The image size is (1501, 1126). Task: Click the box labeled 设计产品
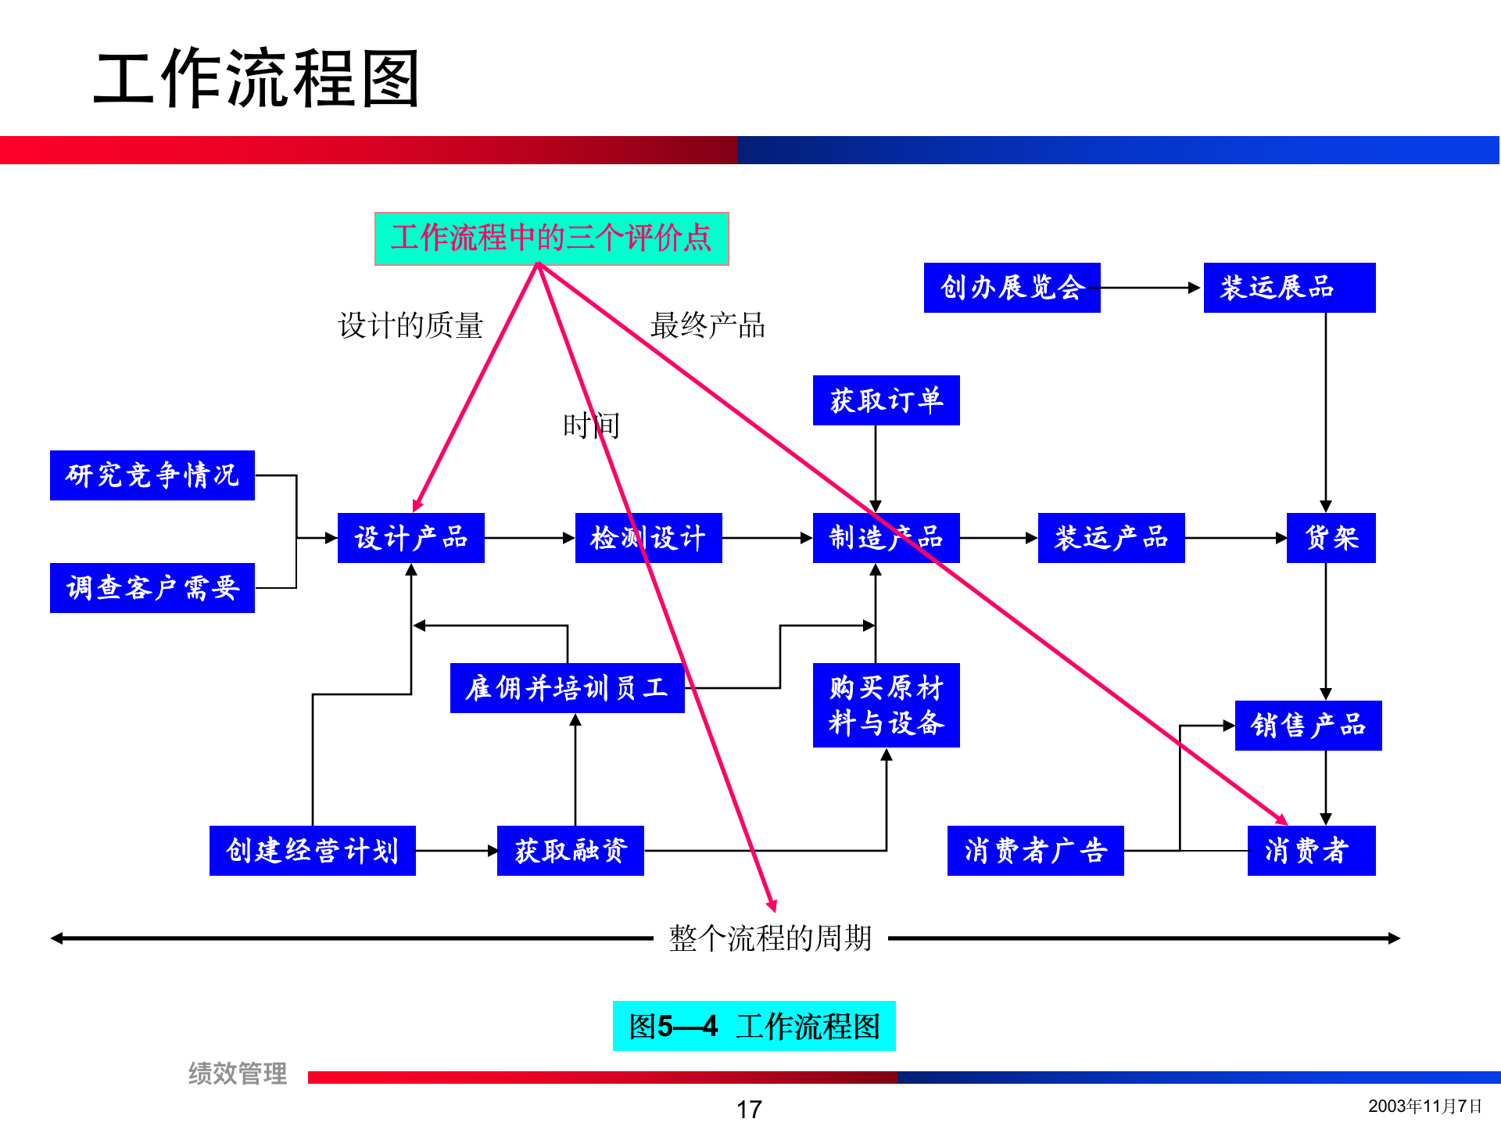pyautogui.click(x=410, y=538)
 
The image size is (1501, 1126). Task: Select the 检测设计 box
pyautogui.click(x=648, y=538)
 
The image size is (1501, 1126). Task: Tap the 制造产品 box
pyautogui.click(x=886, y=538)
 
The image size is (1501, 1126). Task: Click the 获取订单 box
pyautogui.click(x=886, y=400)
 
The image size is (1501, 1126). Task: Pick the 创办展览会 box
pyautogui.click(x=1012, y=288)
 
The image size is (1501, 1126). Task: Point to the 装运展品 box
pyautogui.click(x=1289, y=288)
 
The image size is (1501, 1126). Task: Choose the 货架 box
pyautogui.click(x=1331, y=538)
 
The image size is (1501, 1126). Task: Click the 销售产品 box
pyautogui.click(x=1308, y=726)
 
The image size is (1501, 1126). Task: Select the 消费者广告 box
pyautogui.click(x=1035, y=851)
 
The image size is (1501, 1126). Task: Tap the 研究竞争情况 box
pyautogui.click(x=152, y=475)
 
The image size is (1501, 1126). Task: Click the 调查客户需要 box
pyautogui.click(x=152, y=588)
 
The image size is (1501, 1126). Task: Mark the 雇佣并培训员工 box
pyautogui.click(x=567, y=688)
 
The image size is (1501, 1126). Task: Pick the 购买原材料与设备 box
pyautogui.click(x=886, y=705)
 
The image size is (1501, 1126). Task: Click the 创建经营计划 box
pyautogui.click(x=312, y=851)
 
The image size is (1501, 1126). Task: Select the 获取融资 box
pyautogui.click(x=570, y=851)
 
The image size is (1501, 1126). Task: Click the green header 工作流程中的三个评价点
pyautogui.click(x=551, y=238)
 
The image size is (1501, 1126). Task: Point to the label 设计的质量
pyautogui.click(x=410, y=325)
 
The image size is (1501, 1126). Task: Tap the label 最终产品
pyautogui.click(x=708, y=325)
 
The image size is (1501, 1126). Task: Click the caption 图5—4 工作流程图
pyautogui.click(x=754, y=1026)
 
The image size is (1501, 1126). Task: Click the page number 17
pyautogui.click(x=749, y=1109)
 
